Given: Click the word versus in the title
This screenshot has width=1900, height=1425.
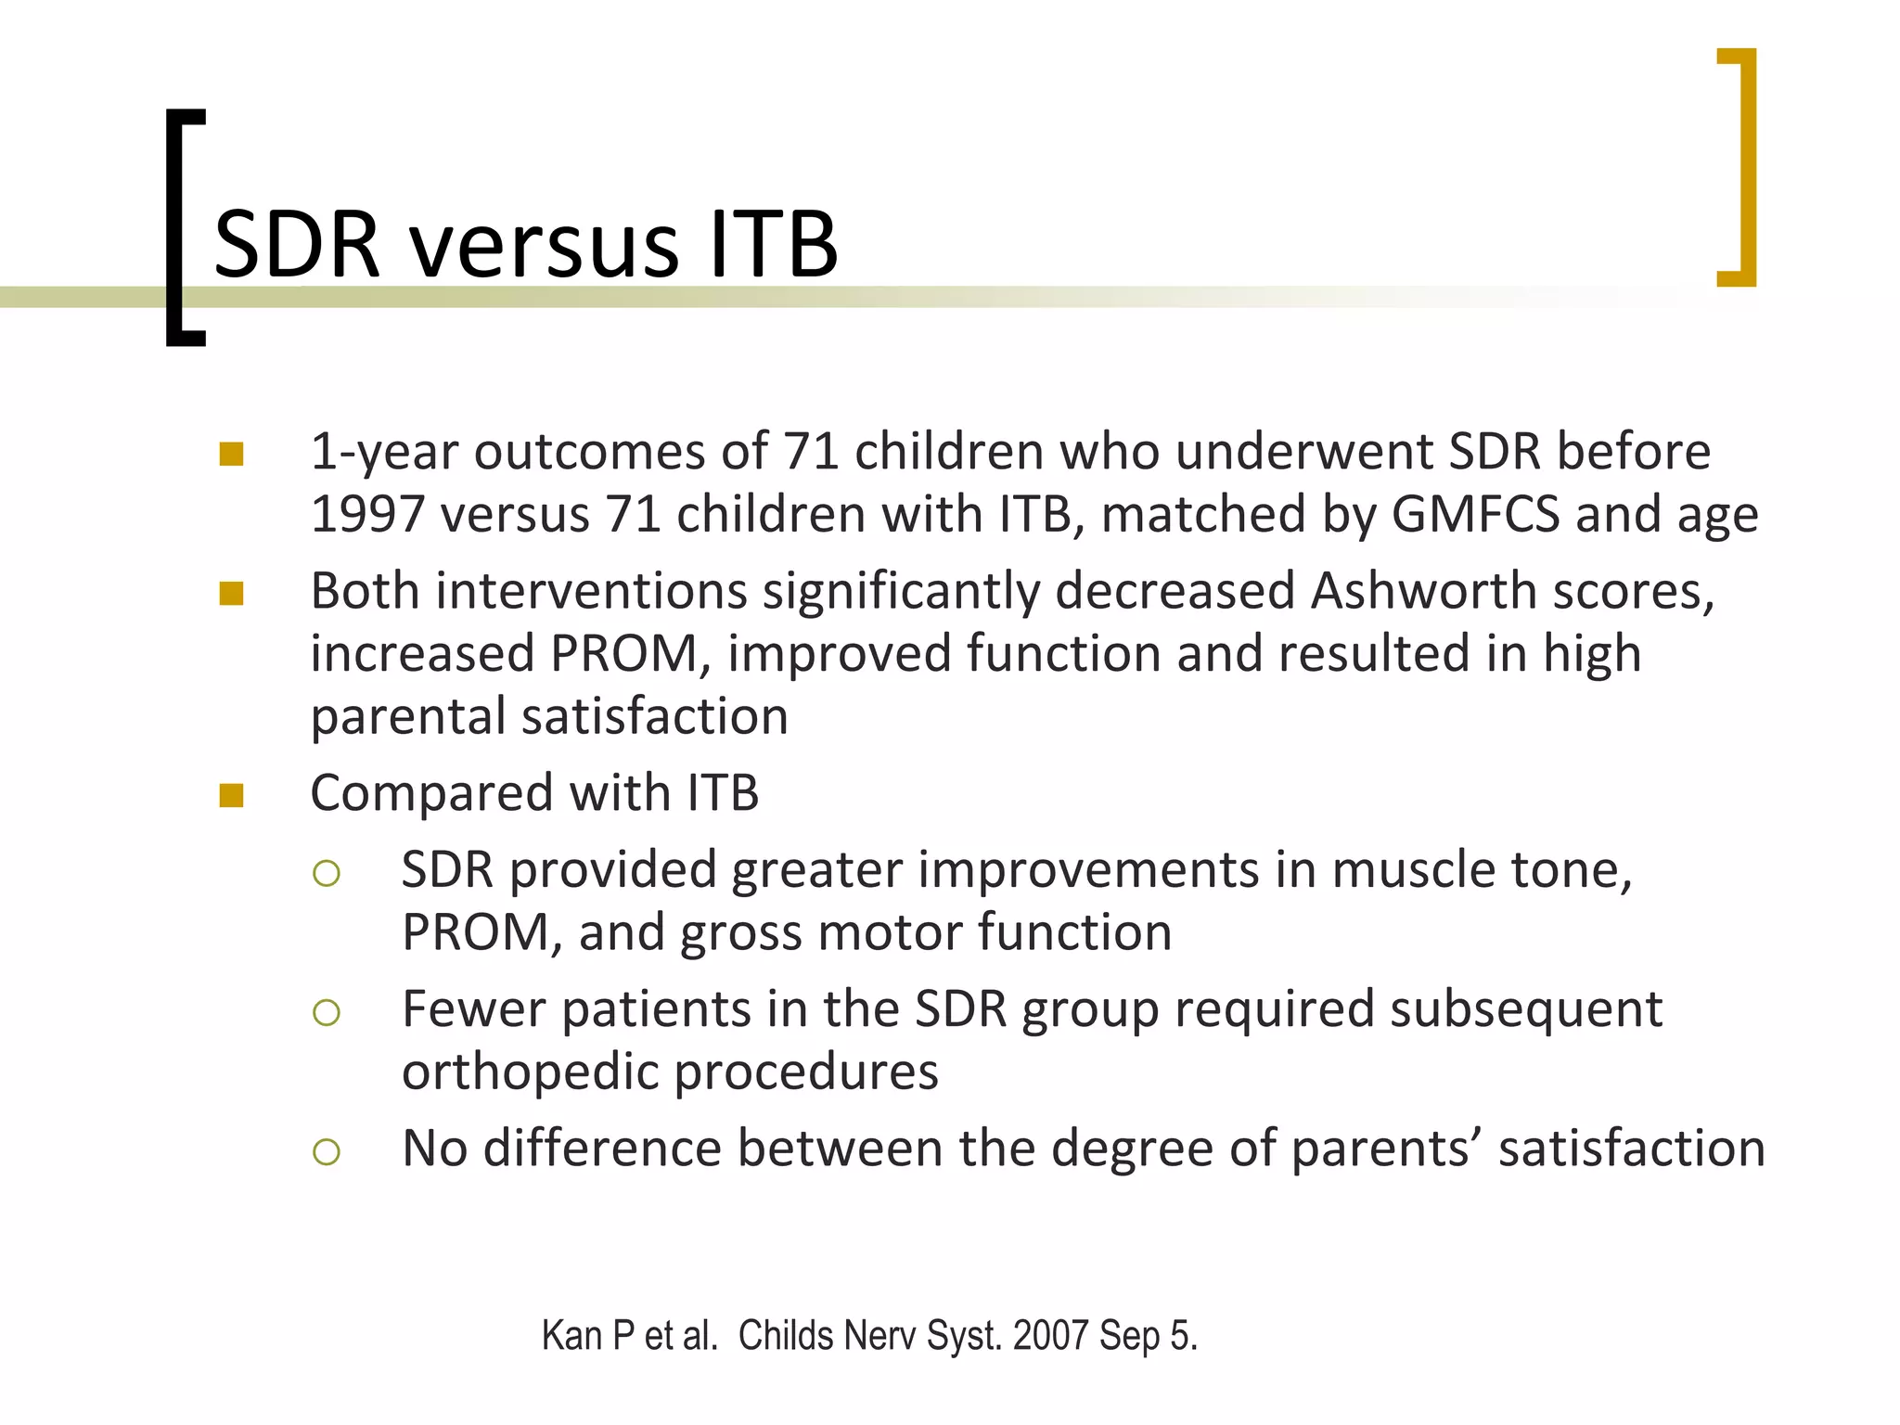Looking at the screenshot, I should pyautogui.click(x=546, y=246).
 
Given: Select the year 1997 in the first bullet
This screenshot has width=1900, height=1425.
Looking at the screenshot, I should pyautogui.click(x=367, y=515).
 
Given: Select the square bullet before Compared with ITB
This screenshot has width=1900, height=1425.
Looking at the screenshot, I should pyautogui.click(x=231, y=796).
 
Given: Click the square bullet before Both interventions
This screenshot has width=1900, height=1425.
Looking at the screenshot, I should pyautogui.click(x=231, y=594).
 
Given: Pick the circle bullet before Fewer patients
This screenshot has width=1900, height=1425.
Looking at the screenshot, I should pyautogui.click(x=327, y=1012).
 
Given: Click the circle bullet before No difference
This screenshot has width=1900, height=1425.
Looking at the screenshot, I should pyautogui.click(x=327, y=1152).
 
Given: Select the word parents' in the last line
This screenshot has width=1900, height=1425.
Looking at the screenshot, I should pyautogui.click(x=1385, y=1150).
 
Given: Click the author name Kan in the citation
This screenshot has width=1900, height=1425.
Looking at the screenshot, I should pyautogui.click(x=571, y=1336).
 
